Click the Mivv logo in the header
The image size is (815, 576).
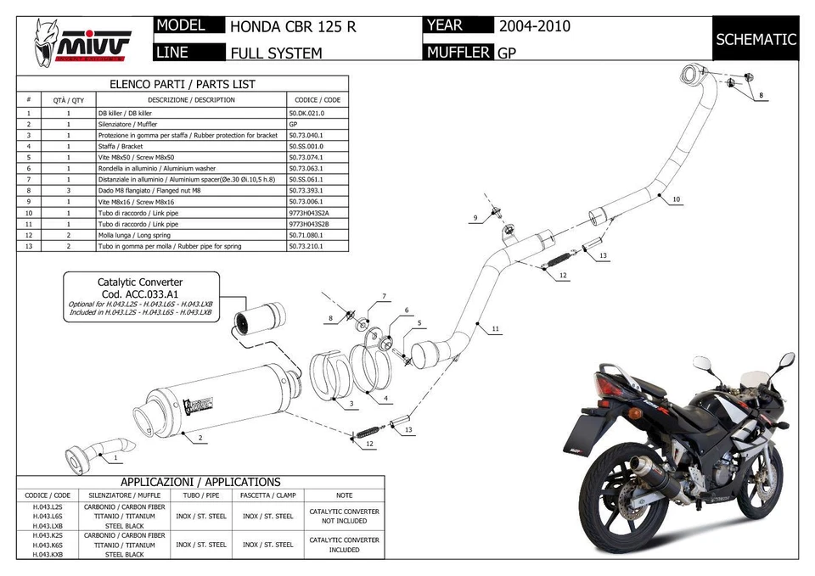81,44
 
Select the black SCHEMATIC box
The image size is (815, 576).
756,39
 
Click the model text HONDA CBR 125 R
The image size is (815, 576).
293,26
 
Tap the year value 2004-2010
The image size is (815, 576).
534,26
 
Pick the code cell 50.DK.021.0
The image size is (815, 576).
306,113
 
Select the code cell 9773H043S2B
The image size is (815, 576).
309,224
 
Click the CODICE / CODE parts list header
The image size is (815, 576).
318,100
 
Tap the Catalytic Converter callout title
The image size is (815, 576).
140,282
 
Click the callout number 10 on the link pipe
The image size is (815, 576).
677,199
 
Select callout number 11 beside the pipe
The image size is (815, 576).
495,328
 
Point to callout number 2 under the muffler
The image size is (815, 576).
200,438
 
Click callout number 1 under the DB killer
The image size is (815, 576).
115,458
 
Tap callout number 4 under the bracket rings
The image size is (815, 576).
385,399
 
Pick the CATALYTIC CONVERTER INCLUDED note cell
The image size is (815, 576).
344,545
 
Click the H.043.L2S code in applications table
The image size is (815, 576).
48,506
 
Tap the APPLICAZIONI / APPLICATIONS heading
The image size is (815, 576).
200,482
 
